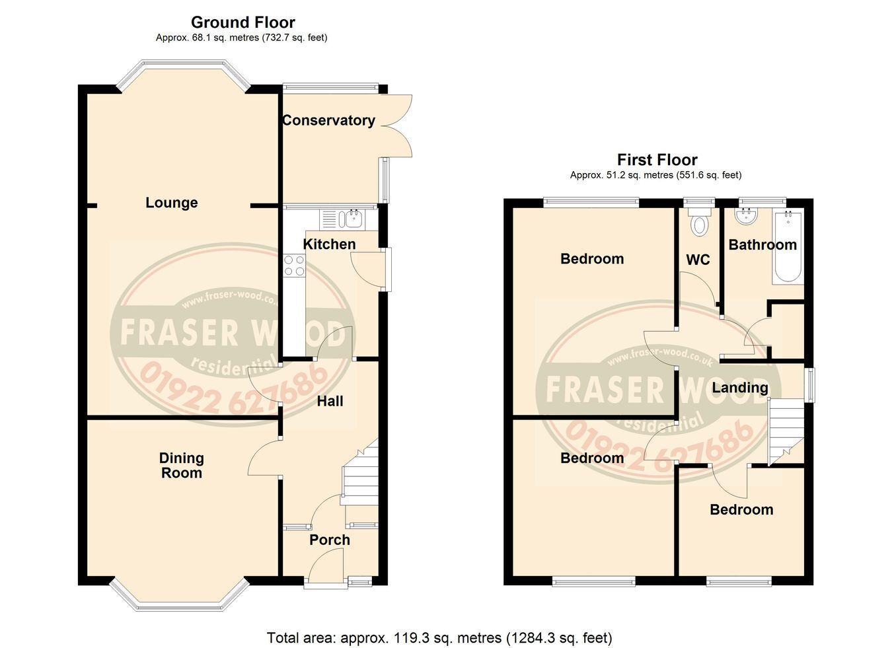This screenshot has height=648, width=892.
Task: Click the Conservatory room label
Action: coord(328,120)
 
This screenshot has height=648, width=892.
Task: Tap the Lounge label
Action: coord(172,203)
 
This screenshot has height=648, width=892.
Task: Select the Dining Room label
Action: coord(182,465)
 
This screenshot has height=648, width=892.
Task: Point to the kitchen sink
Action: coord(350,219)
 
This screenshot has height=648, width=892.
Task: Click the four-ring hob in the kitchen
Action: coord(294,266)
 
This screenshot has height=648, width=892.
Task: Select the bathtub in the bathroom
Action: coord(786,247)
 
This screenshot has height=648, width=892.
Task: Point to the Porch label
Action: coord(330,540)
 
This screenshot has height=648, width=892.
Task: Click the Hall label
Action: coord(330,401)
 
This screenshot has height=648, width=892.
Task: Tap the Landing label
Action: coord(740,388)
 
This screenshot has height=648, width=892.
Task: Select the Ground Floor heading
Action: coord(243,22)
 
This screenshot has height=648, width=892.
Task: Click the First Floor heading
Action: coord(657,160)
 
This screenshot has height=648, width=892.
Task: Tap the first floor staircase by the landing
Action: coord(786,431)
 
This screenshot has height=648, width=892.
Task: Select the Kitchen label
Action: coord(329,244)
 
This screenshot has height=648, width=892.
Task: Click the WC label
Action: coord(698,260)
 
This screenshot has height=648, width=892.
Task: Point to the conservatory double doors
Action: coord(396,126)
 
